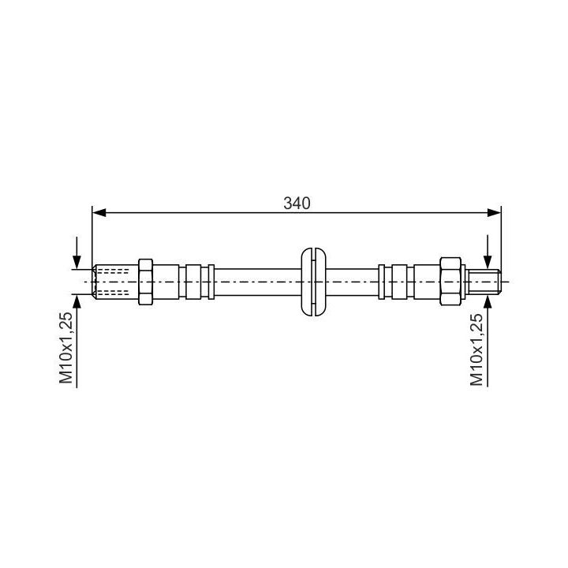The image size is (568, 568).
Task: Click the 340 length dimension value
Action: (x=297, y=204)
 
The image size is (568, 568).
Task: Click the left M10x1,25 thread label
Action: (x=66, y=348)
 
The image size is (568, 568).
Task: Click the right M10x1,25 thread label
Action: (x=476, y=349)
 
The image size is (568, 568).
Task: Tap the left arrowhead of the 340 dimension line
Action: (x=99, y=213)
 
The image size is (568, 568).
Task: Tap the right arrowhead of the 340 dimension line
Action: (x=494, y=213)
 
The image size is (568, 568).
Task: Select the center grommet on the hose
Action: (x=314, y=282)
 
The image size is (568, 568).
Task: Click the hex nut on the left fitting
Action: (x=146, y=282)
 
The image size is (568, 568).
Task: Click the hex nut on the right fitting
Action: (x=450, y=282)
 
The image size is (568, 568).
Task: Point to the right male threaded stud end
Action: (x=484, y=282)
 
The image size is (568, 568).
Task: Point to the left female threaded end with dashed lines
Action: (x=115, y=282)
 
